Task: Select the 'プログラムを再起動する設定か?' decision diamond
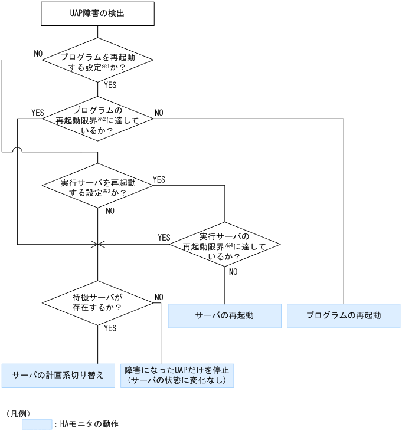coord(97,60)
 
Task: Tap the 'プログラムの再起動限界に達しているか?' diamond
coord(97,119)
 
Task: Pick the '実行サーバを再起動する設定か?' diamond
coord(97,187)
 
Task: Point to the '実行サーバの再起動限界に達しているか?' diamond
coord(224,243)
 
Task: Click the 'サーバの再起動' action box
coord(224,315)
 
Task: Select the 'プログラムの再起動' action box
coord(343,315)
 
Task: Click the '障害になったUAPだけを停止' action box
coord(177,376)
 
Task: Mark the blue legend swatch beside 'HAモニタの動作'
coord(37,424)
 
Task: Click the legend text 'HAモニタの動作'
coord(89,424)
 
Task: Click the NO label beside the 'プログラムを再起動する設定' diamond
coord(38,54)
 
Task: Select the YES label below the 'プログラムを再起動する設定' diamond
coord(110,85)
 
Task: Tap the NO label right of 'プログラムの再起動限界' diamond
coord(159,112)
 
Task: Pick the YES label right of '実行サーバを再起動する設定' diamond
coord(159,179)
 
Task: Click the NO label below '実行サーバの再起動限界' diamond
coord(233,272)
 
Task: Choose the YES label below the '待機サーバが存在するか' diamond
coord(110,327)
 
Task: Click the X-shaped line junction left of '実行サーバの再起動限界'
coord(97,243)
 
